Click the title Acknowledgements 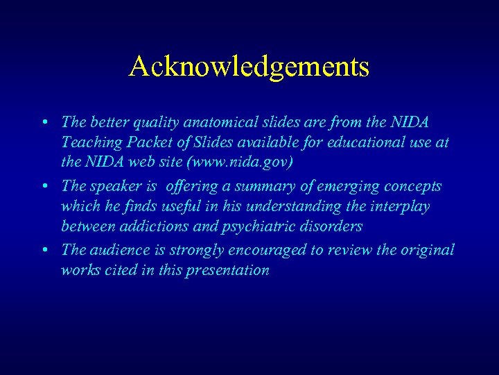[249, 67]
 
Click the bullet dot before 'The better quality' [44, 123]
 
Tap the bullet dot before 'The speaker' [44, 187]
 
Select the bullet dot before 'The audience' [44, 250]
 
